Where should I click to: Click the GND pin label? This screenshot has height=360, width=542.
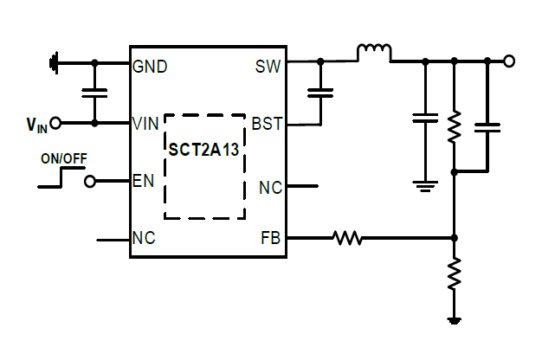150,66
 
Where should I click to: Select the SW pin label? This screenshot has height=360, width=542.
268,66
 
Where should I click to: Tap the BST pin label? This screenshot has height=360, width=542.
266,124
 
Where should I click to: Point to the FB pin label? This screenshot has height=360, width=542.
270,238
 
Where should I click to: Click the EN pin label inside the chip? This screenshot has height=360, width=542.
143,182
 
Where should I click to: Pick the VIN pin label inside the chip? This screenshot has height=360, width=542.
145,124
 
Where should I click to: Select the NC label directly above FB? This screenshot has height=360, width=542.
270,187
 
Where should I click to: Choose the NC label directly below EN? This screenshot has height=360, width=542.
144,239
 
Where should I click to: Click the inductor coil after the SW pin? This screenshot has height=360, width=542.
374,54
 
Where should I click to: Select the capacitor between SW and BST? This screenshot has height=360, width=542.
321,93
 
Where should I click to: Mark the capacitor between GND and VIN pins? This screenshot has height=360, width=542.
94,93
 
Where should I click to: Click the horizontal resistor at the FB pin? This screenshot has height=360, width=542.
348,237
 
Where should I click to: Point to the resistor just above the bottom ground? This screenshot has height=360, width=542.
453,276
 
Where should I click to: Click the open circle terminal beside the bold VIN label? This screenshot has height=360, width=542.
55,124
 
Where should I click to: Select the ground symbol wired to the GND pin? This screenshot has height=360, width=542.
55,62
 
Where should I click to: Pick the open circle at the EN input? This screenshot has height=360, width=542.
89,182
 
